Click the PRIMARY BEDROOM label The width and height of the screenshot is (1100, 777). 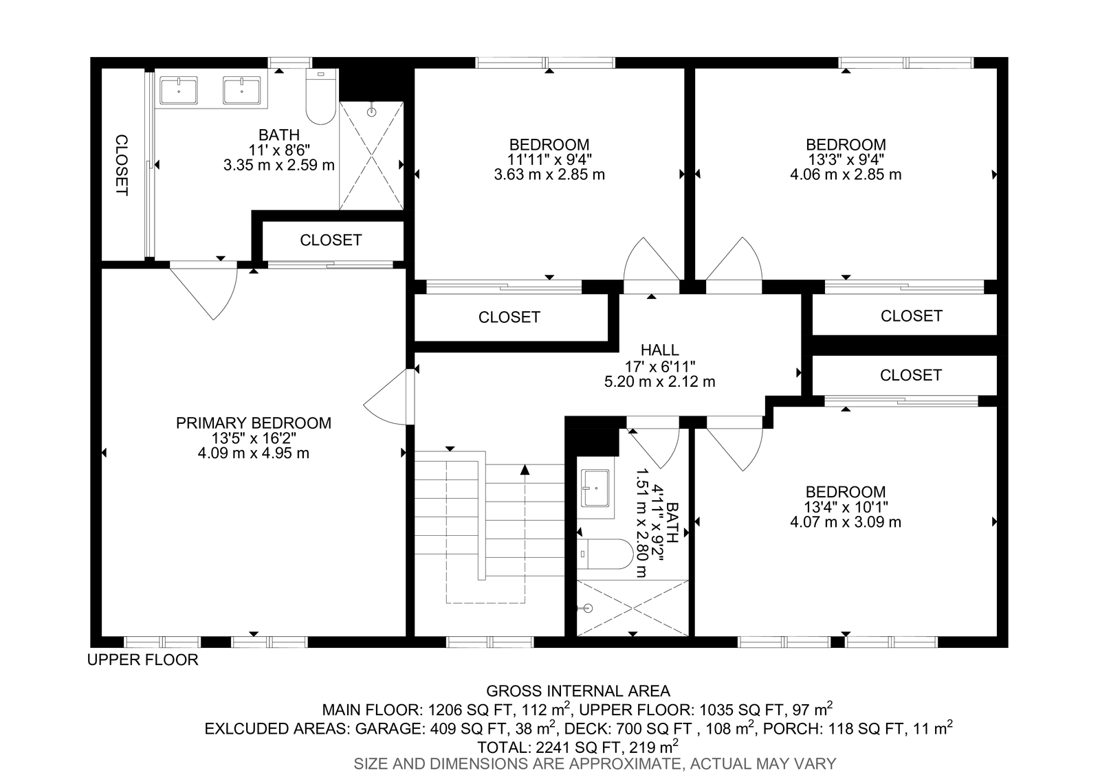point(254,423)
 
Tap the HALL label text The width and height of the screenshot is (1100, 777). point(659,350)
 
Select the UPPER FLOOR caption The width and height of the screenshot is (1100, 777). point(142,660)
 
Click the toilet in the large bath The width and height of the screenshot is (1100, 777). point(321,96)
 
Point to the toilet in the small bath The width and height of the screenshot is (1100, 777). point(605,554)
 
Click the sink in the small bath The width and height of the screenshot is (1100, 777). point(595,488)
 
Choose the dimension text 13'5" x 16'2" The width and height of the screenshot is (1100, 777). point(254,438)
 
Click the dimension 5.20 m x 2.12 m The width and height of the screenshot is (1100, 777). point(659,381)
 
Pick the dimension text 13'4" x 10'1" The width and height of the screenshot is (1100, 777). point(846,506)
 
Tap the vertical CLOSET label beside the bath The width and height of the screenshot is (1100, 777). point(122,165)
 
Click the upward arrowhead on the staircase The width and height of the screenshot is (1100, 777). point(525,470)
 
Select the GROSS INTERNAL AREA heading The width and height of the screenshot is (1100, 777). point(578,691)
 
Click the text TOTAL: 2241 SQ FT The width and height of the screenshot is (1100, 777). point(547,747)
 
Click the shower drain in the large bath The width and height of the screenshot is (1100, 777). point(372,112)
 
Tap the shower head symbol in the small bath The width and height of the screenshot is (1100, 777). point(587,609)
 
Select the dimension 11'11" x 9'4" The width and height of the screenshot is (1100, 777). point(549,159)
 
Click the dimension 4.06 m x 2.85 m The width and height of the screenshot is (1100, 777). point(846,174)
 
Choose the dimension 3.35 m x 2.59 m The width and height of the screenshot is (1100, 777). point(279,164)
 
